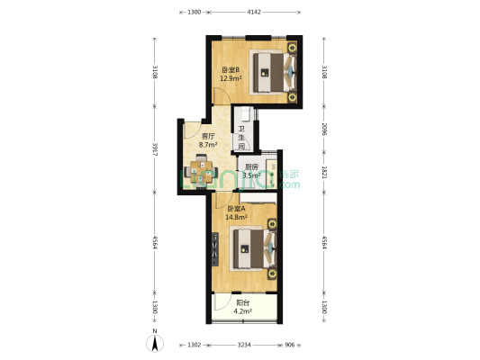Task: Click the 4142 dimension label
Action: [x=253, y=13]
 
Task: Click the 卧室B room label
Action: [x=231, y=70]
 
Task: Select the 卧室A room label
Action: [x=236, y=208]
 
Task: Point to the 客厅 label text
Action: [x=206, y=136]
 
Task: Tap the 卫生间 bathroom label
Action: [x=241, y=137]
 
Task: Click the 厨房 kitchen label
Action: [x=252, y=166]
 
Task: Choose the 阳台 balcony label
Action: [x=242, y=302]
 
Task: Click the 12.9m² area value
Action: [x=231, y=79]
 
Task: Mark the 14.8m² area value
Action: [x=236, y=217]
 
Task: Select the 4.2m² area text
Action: [x=242, y=311]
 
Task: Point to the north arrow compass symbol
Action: [x=154, y=341]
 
